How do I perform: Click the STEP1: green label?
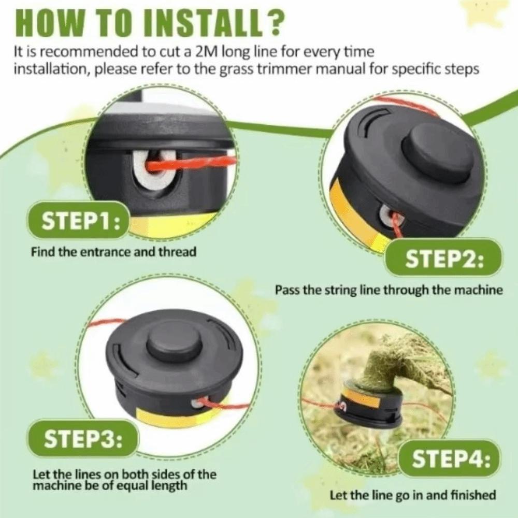[x=78, y=220]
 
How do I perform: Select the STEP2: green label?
[x=444, y=258]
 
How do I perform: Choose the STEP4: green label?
[x=451, y=458]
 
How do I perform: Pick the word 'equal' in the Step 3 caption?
[x=135, y=486]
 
